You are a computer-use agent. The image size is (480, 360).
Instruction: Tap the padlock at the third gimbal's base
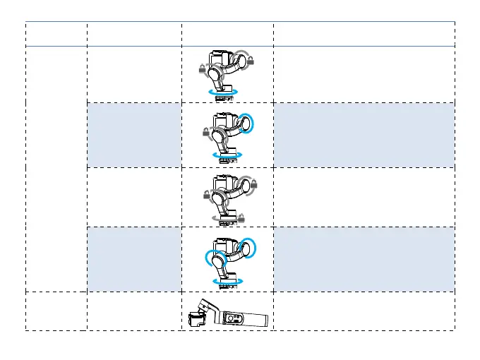click(241, 217)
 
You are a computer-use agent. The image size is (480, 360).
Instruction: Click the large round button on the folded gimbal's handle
click(230, 318)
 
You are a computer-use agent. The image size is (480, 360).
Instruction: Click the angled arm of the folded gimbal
click(206, 306)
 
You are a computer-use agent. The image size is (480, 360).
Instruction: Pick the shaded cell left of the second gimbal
click(133, 133)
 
